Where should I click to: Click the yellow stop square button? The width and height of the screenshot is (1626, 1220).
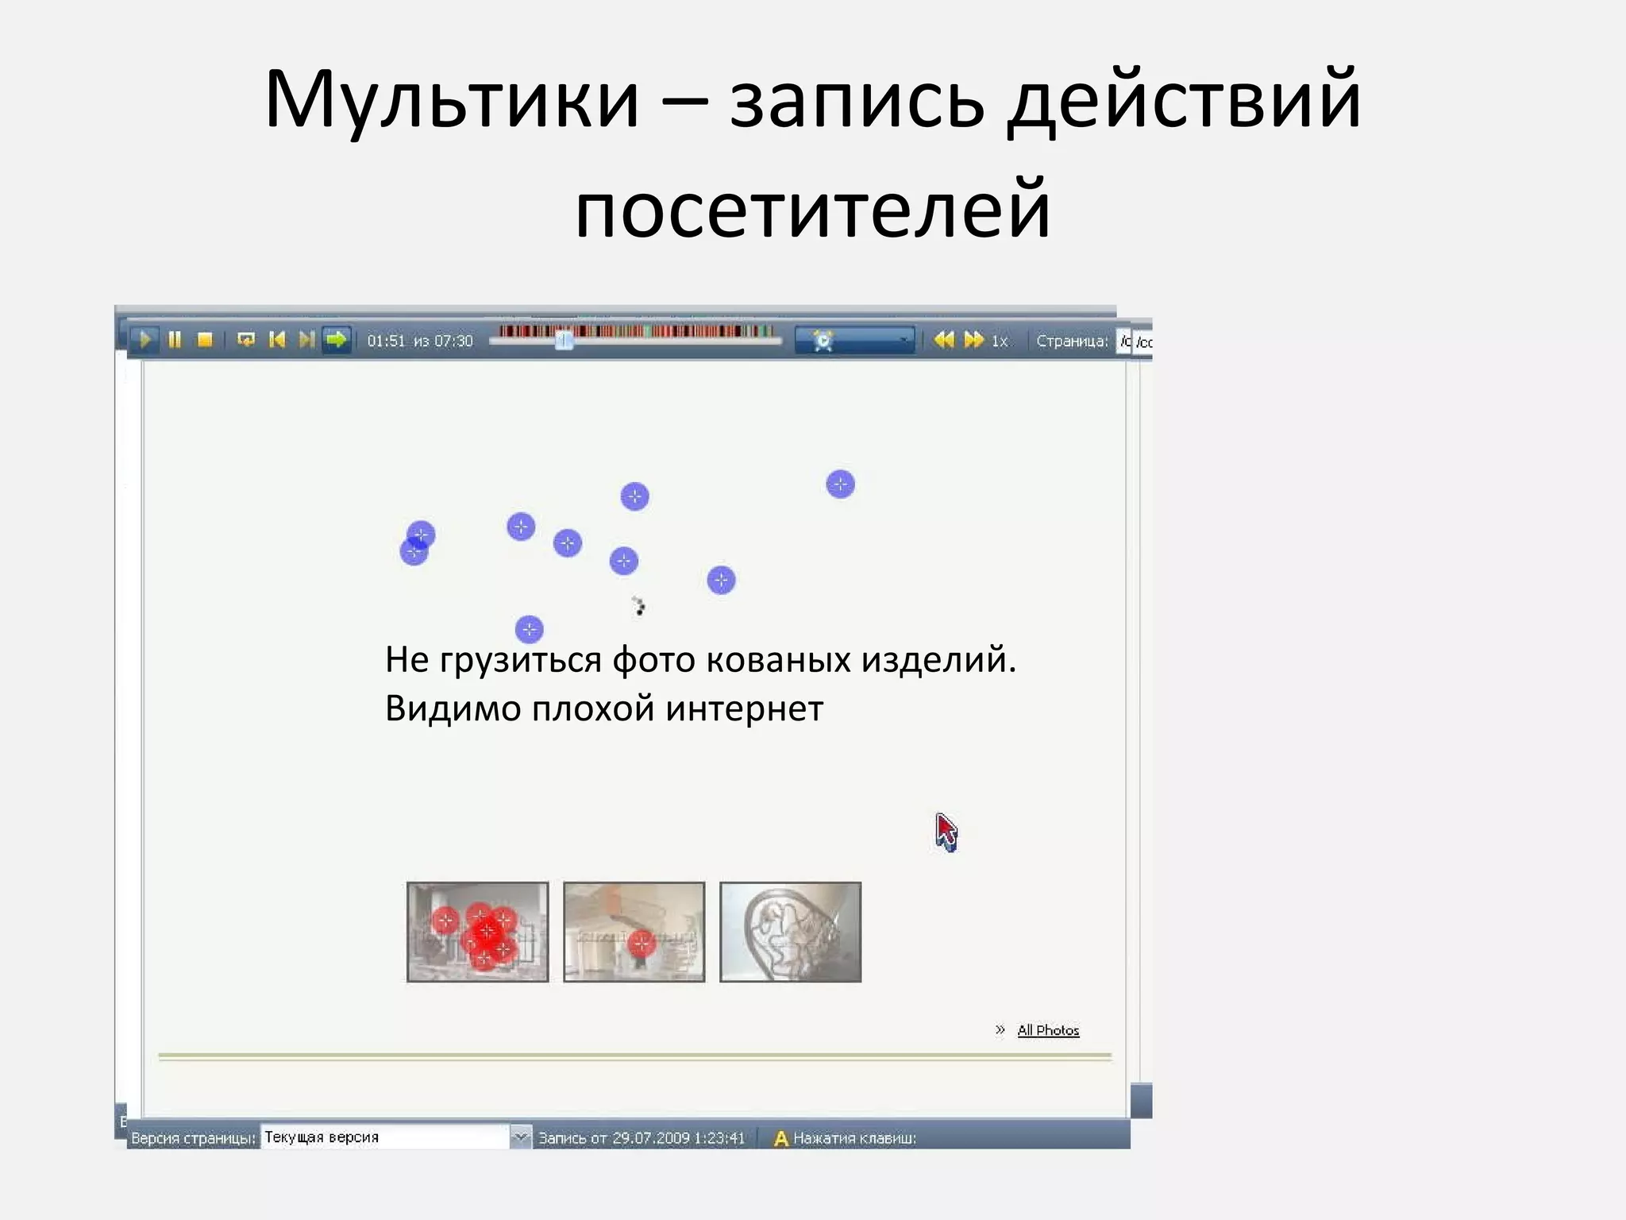(x=205, y=340)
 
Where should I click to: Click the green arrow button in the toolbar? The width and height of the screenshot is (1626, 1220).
(x=337, y=340)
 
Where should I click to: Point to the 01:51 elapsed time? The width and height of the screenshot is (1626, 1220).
(x=386, y=341)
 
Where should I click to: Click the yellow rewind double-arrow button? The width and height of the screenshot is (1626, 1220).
(x=943, y=340)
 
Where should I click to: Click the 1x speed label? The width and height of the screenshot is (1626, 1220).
(x=999, y=341)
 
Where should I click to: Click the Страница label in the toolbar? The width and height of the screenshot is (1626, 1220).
(x=1071, y=341)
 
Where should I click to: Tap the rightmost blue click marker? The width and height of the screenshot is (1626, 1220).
(x=840, y=484)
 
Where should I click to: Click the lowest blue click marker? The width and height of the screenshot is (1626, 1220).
(x=529, y=630)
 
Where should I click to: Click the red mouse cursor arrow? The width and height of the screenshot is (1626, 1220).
(x=945, y=832)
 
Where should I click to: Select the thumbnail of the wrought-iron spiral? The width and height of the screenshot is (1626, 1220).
(x=790, y=932)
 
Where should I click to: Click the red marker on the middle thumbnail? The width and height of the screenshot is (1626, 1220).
(x=641, y=944)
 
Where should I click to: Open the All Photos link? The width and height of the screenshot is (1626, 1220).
(x=1048, y=1030)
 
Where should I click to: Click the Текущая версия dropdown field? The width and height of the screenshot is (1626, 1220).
(x=385, y=1137)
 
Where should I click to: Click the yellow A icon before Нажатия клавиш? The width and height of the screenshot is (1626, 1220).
(x=780, y=1138)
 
